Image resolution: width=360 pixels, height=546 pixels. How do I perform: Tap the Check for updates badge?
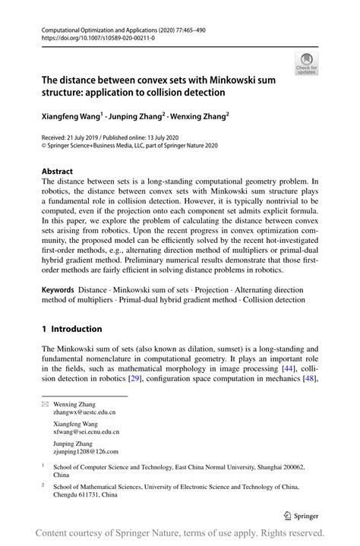pyautogui.click(x=308, y=63)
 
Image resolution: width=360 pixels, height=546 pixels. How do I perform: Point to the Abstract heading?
pyautogui.click(x=57, y=172)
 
